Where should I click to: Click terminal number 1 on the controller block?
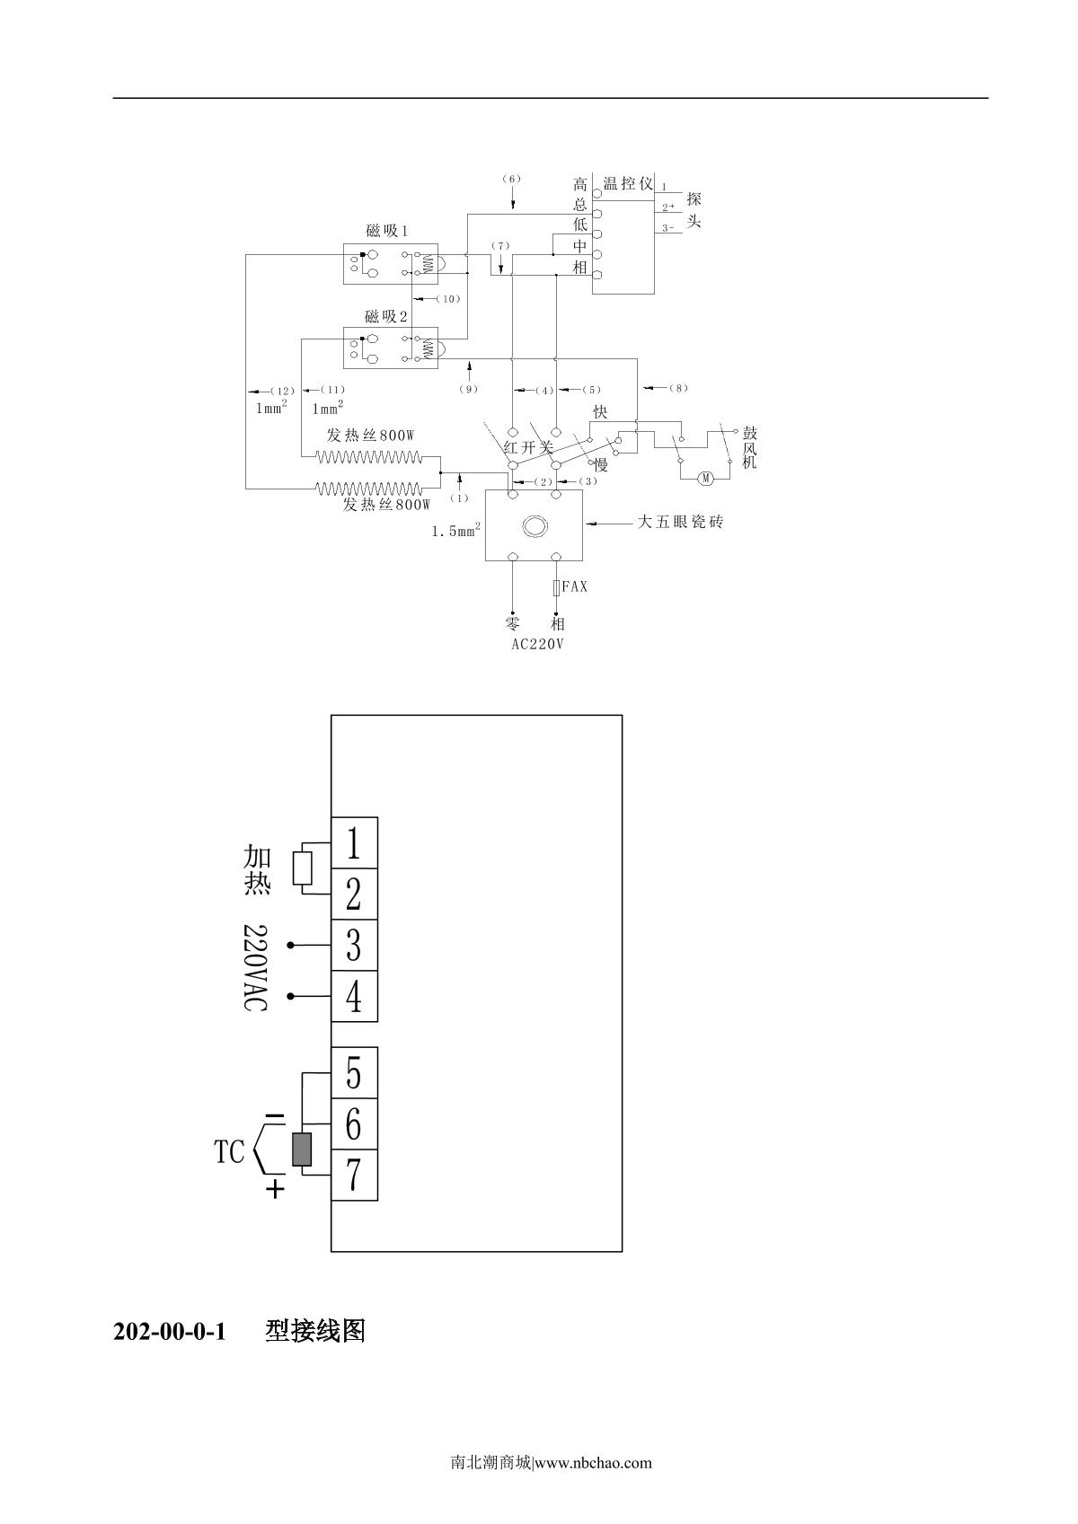click(354, 843)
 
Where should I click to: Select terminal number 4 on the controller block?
click(354, 996)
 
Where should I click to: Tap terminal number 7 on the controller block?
click(354, 1175)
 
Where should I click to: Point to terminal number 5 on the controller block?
click(354, 1072)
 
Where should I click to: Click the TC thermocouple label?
click(229, 1152)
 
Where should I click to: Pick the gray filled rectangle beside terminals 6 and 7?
click(302, 1150)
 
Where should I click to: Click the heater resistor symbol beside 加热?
click(303, 868)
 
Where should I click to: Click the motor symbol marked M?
click(706, 478)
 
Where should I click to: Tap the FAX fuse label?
click(575, 586)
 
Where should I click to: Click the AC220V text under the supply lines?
click(537, 644)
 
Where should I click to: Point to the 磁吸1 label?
click(387, 231)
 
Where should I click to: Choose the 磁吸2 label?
click(386, 316)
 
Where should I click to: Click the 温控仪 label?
click(628, 184)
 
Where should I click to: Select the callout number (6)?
click(511, 179)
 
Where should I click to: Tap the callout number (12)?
click(282, 391)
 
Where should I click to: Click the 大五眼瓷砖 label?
click(680, 521)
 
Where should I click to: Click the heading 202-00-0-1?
click(168, 1331)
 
